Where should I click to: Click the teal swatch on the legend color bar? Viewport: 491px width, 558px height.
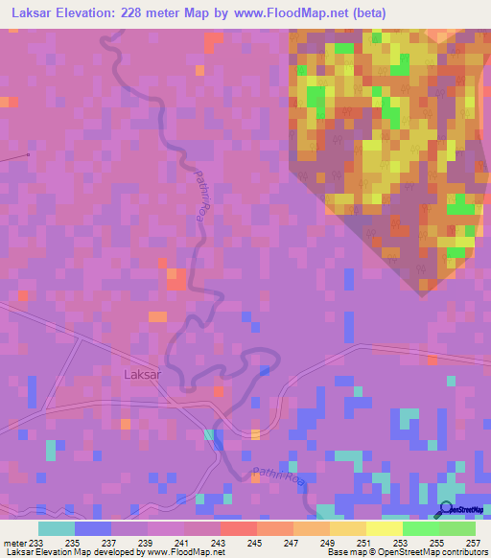[x=57, y=529]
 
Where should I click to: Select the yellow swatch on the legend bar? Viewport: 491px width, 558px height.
[x=384, y=529]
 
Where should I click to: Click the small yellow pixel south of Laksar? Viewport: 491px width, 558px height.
[x=255, y=435]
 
